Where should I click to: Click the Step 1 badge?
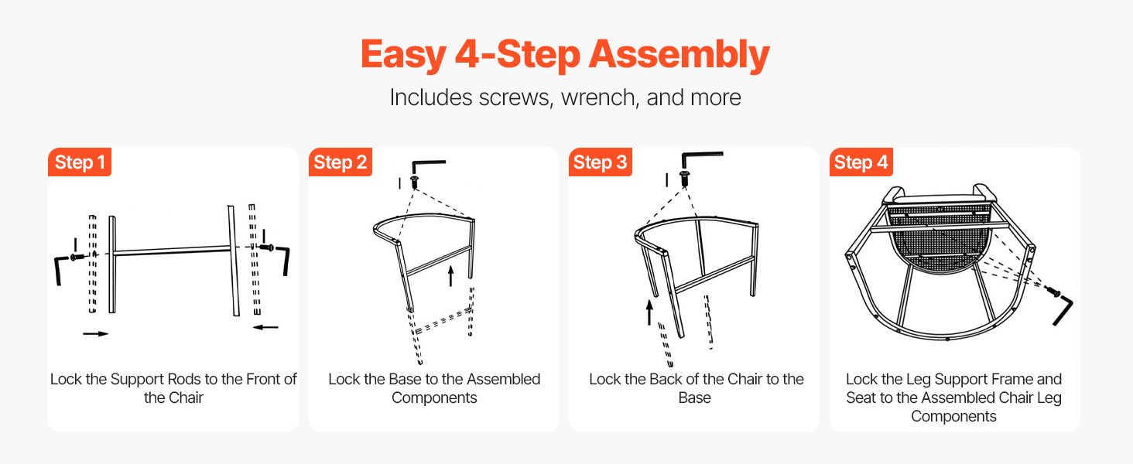pos(80,162)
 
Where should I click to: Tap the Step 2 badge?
pos(341,162)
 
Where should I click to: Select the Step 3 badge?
pos(601,162)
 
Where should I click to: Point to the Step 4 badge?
pos(861,162)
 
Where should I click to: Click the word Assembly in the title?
pos(679,55)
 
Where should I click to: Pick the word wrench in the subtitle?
pos(598,97)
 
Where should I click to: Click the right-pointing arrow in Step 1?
pos(96,333)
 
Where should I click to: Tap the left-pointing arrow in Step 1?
pos(265,327)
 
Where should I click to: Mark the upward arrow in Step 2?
pos(450,276)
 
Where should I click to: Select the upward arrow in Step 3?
pos(649,312)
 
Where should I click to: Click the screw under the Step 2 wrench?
pos(415,182)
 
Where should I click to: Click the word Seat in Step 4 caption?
pos(861,397)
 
